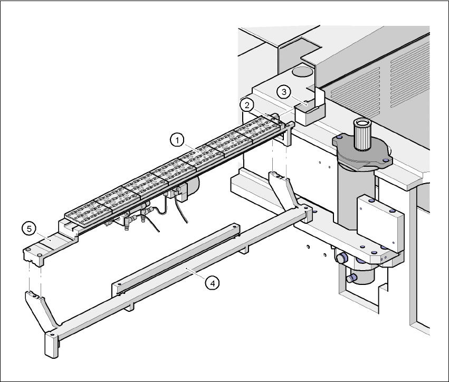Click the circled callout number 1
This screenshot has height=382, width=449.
(177, 140)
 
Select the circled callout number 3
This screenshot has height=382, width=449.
(284, 92)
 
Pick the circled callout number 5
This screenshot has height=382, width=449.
(28, 228)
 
